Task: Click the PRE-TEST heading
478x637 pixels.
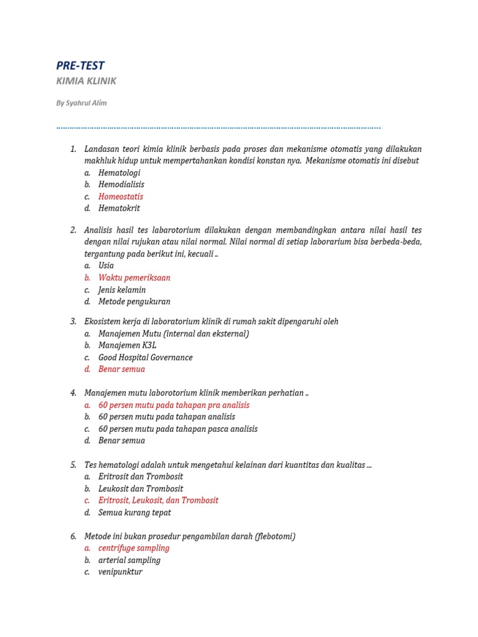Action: [x=80, y=65]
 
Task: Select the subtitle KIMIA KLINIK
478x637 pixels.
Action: [x=86, y=81]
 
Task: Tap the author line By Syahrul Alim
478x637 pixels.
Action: [x=81, y=103]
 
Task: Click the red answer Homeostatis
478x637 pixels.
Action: [x=121, y=197]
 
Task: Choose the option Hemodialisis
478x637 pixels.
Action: [x=121, y=185]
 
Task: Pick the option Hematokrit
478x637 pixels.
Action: [x=119, y=208]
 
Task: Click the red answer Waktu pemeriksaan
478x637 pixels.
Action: [x=134, y=278]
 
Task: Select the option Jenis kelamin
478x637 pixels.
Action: [x=122, y=290]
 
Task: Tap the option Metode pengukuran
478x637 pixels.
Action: [x=134, y=302]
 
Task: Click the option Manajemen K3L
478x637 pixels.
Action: [x=127, y=345]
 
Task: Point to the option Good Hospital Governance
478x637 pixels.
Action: [x=146, y=358]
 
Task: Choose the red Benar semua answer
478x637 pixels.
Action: [x=121, y=370]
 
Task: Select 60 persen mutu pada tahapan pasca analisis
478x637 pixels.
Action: [x=178, y=429]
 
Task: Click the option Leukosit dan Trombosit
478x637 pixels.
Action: [x=141, y=489]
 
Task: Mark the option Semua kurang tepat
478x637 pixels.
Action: [x=134, y=513]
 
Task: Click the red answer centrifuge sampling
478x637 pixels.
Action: [x=134, y=549]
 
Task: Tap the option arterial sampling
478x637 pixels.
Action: [x=129, y=560]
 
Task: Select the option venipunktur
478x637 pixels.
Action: [x=120, y=572]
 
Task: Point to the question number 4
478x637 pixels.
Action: [x=73, y=393]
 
